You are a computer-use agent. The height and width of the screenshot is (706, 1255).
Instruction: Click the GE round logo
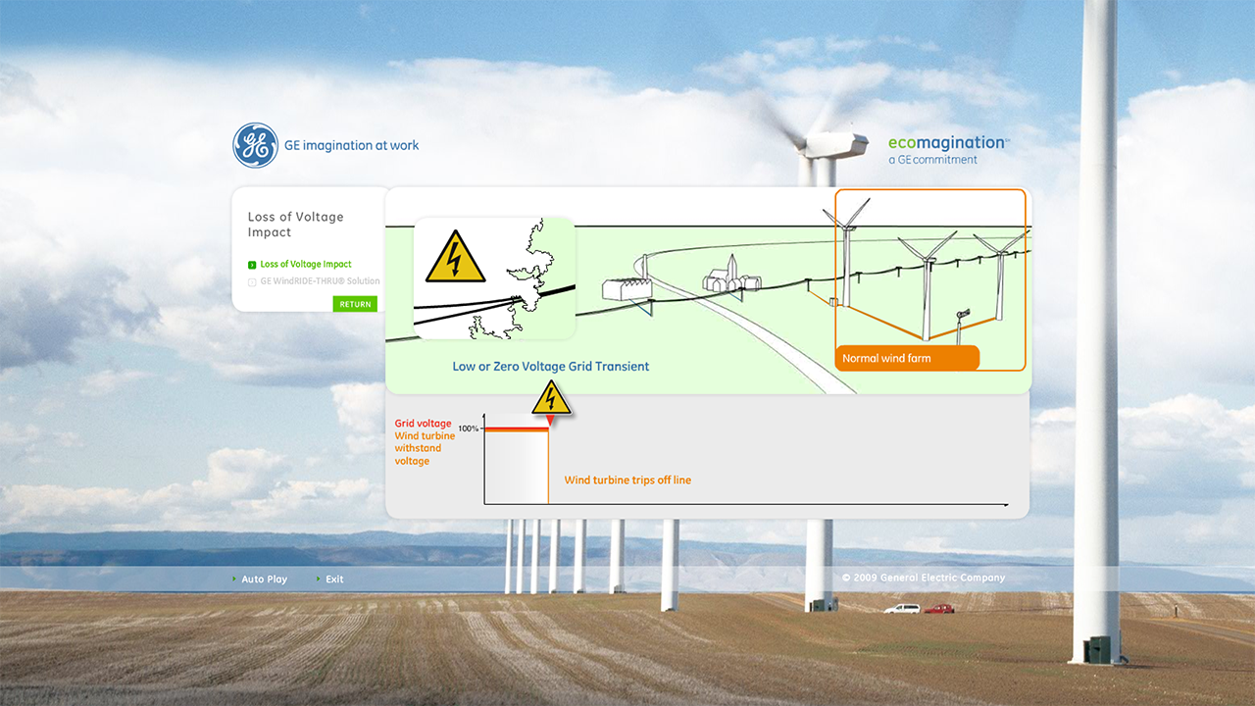(x=255, y=145)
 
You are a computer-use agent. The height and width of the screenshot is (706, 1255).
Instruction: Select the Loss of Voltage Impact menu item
(x=305, y=265)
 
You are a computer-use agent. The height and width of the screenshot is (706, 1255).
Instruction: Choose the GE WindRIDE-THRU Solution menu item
(x=319, y=281)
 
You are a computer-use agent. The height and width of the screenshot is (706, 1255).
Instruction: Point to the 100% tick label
(x=468, y=429)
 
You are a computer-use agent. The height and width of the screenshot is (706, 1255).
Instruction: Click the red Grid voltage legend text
(x=423, y=424)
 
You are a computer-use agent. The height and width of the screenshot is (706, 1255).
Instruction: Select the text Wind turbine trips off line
(x=627, y=480)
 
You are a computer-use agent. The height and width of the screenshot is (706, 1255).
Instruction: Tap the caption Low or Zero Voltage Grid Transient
(x=550, y=367)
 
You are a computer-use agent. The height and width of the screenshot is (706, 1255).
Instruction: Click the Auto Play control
(x=264, y=580)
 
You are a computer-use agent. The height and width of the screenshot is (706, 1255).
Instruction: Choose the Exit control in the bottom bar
(x=334, y=580)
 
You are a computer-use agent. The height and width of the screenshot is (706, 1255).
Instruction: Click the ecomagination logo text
(x=947, y=143)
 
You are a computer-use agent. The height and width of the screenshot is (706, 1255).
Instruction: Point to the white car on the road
(x=902, y=609)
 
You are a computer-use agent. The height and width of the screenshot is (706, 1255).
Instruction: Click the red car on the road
(x=939, y=609)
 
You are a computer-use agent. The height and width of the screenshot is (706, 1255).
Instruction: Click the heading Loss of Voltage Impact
(x=295, y=225)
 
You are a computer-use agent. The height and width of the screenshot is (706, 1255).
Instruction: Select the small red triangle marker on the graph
(x=550, y=421)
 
